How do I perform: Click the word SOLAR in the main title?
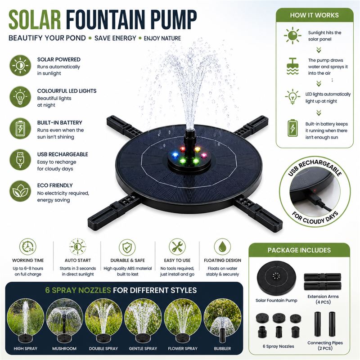point(35,20)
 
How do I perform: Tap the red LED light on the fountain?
point(183,149)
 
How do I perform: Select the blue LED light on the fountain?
point(175,155)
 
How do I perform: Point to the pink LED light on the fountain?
point(204,155)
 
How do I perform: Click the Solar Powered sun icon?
point(20,65)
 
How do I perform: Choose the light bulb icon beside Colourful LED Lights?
point(20,97)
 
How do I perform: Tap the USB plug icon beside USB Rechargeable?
point(20,160)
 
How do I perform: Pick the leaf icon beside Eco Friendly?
point(20,191)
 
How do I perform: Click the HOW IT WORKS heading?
point(314,15)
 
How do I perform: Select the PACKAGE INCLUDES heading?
point(299,250)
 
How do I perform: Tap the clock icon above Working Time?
point(28,247)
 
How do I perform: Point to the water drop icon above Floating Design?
point(222,247)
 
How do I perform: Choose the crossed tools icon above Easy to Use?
point(177,247)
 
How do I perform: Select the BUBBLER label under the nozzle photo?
point(222,348)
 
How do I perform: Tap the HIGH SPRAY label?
point(26,348)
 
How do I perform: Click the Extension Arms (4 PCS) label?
point(323,299)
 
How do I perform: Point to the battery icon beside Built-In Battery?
point(20,129)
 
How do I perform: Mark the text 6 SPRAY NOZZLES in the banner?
point(78,290)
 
